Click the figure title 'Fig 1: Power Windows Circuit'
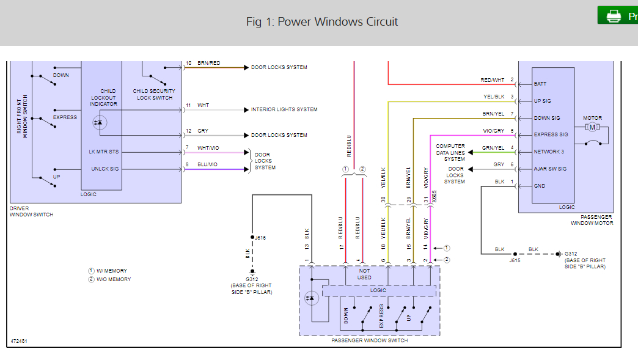pyautogui.click(x=322, y=22)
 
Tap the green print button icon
pyautogui.click(x=614, y=16)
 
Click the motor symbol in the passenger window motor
pyautogui.click(x=592, y=127)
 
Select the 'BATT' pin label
pyautogui.click(x=540, y=84)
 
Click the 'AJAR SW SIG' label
pyautogui.click(x=550, y=169)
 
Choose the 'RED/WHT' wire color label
pyautogui.click(x=493, y=80)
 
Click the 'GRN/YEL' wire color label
pyautogui.click(x=493, y=148)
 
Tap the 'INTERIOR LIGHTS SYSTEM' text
pyautogui.click(x=284, y=110)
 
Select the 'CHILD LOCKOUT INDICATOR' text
pyautogui.click(x=108, y=98)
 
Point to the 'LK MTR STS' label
pyautogui.click(x=104, y=151)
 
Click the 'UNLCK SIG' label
pyautogui.click(x=105, y=169)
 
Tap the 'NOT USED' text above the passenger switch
pyautogui.click(x=364, y=274)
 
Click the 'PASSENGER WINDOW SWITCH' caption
pyautogui.click(x=370, y=340)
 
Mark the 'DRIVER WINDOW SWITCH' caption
pyautogui.click(x=32, y=211)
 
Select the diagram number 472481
pyautogui.click(x=19, y=341)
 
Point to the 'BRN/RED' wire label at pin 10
pyautogui.click(x=209, y=64)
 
